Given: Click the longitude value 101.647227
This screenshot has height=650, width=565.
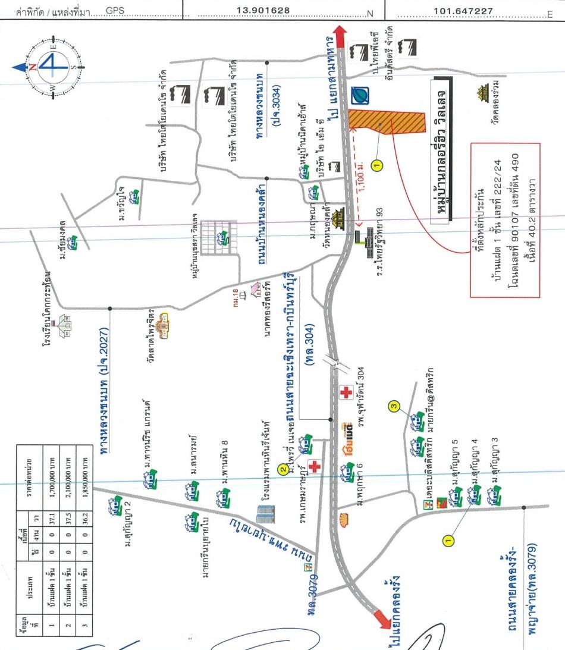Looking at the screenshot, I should click(x=463, y=11).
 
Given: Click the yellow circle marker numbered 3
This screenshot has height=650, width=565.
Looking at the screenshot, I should click(x=393, y=407).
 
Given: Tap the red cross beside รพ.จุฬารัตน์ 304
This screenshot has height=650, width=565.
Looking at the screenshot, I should click(x=346, y=392).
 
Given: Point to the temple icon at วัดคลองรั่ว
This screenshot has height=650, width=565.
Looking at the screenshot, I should click(x=481, y=94).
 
